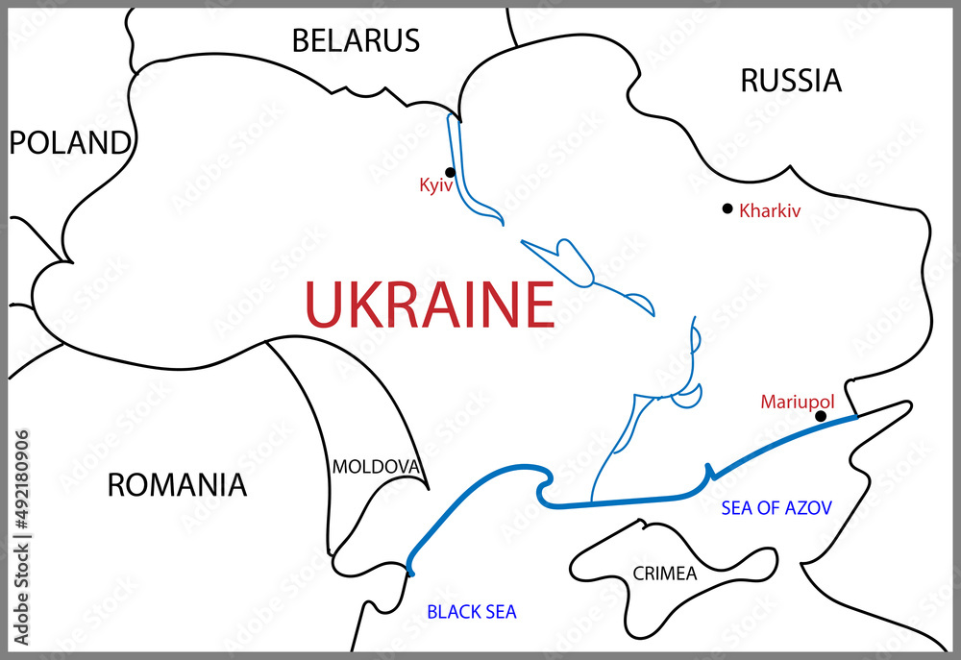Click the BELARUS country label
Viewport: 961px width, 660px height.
pos(356,40)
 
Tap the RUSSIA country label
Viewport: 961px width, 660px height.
pos(790,82)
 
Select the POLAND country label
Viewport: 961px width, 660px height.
pos(68,143)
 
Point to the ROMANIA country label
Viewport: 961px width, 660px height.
pos(176,485)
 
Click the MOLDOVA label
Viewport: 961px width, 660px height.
pos(376,468)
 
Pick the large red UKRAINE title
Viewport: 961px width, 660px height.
pos(429,305)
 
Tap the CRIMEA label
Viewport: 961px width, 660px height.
pos(664,574)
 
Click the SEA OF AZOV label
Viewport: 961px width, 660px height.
pos(776,507)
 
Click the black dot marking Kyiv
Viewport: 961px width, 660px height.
pos(450,172)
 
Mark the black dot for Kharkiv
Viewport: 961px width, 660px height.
pos(727,208)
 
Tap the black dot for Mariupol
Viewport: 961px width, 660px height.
pos(820,416)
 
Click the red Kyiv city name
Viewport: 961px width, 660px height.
pos(435,185)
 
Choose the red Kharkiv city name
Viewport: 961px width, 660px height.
pos(770,210)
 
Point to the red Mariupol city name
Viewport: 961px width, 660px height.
pos(797,402)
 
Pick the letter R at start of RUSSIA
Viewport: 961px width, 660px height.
pos(750,82)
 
